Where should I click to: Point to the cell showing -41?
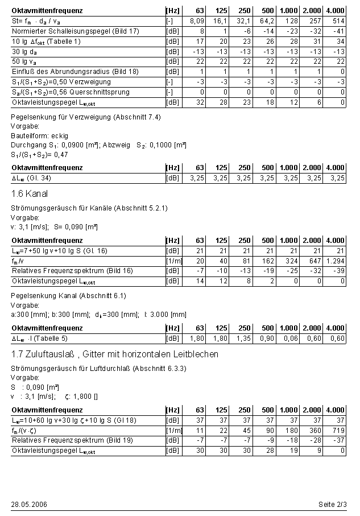pos(339,31)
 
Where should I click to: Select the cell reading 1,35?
pos(243,339)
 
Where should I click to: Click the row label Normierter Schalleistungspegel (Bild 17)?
pos(75,31)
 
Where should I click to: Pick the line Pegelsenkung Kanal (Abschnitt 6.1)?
pos(68,296)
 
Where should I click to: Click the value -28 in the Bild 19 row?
pos(315,440)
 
